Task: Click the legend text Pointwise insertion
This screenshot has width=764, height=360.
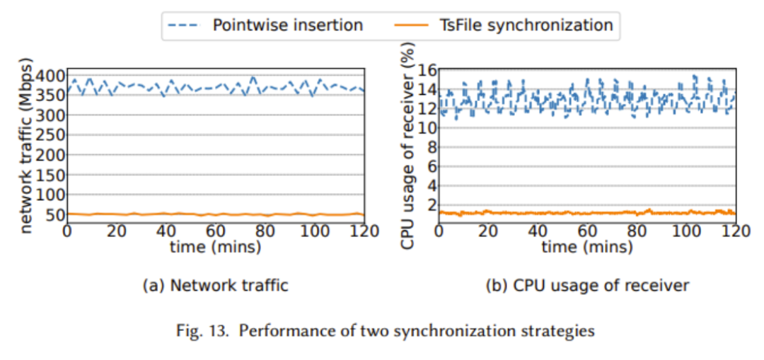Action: [x=288, y=25]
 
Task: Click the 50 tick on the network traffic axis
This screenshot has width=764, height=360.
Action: [x=54, y=215]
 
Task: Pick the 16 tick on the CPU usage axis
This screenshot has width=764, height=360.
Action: [x=426, y=71]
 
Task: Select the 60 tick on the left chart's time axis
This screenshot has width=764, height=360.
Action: [x=215, y=231]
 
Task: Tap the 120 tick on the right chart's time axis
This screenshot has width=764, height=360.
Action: [x=735, y=231]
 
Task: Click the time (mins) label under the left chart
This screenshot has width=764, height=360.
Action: [x=215, y=247]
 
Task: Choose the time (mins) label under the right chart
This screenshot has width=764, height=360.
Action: [x=586, y=247]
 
